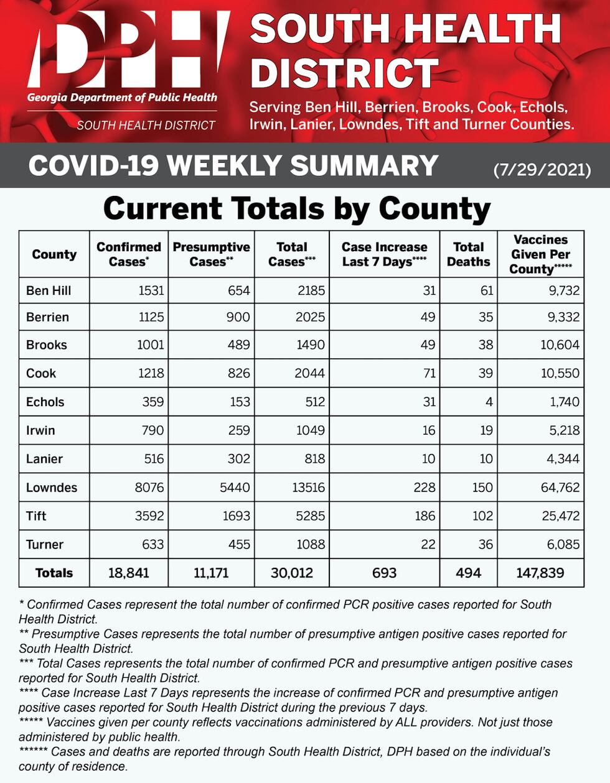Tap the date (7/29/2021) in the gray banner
click(x=542, y=169)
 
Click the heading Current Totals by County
click(x=297, y=209)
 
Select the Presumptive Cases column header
click(x=211, y=254)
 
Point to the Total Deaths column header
click(x=468, y=254)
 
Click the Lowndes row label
click(x=52, y=488)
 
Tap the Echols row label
click(x=45, y=402)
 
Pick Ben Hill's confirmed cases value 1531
click(x=151, y=290)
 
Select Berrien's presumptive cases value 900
click(x=238, y=317)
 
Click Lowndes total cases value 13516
click(x=308, y=488)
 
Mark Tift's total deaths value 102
click(x=482, y=516)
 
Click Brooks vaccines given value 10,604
click(x=560, y=345)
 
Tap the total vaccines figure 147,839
click(x=540, y=573)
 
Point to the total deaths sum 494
click(x=468, y=573)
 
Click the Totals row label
click(x=54, y=573)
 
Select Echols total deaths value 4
click(x=489, y=402)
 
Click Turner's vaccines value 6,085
click(x=563, y=545)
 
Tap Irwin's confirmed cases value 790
click(x=152, y=430)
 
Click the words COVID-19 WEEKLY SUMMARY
click(x=233, y=166)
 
